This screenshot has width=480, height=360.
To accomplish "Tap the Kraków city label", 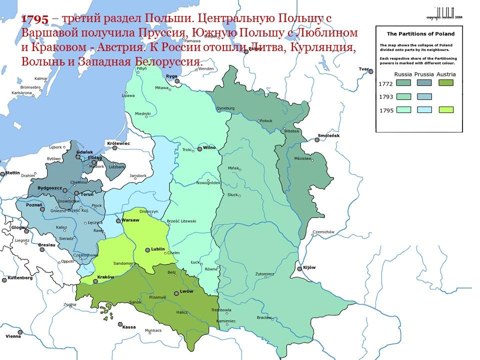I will [105, 277].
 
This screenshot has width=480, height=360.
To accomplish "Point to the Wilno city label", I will [208, 148].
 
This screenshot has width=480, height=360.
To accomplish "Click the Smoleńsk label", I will [328, 135].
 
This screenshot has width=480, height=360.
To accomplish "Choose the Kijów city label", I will [309, 267].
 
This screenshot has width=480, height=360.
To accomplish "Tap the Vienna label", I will [13, 336].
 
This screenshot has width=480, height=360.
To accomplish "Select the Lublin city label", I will [158, 249].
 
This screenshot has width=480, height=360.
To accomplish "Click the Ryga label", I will [171, 76].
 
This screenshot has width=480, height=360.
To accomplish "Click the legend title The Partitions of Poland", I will [421, 34].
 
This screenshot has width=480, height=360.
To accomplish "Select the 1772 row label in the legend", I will [386, 83].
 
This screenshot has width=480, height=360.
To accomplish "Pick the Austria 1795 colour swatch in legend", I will [446, 109].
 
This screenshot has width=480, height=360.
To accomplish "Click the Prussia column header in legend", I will [424, 74].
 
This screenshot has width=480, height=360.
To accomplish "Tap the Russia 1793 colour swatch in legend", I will [403, 96].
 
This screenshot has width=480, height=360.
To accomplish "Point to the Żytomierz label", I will [264, 274].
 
